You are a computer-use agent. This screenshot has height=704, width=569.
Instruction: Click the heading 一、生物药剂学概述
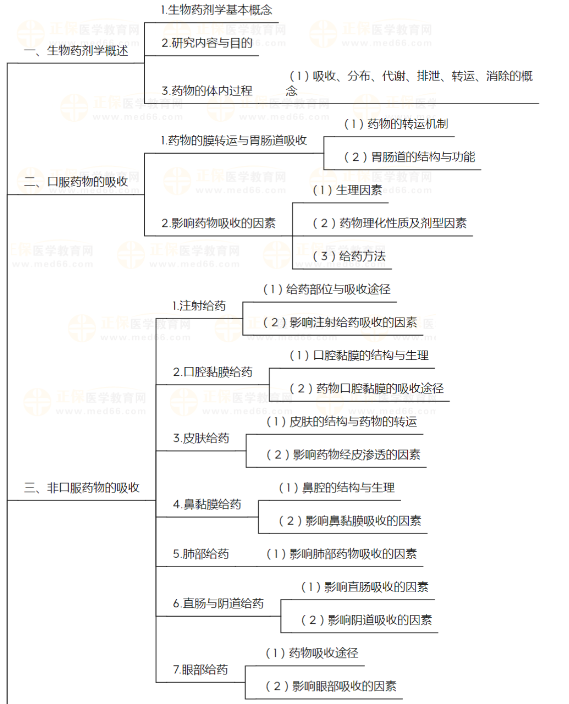click(x=76, y=51)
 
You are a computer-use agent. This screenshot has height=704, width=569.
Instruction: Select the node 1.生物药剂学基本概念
click(x=216, y=10)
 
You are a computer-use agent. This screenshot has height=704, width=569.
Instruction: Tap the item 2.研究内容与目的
click(x=207, y=43)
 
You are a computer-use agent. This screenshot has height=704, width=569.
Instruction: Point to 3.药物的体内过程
click(x=207, y=91)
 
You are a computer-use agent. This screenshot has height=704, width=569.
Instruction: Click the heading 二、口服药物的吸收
click(x=76, y=182)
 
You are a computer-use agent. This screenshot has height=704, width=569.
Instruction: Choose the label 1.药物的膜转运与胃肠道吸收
click(x=233, y=140)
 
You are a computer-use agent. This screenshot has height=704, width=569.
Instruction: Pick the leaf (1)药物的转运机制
click(x=396, y=124)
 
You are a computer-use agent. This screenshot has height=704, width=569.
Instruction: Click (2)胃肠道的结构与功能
click(x=409, y=157)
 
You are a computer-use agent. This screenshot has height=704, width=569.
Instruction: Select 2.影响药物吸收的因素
click(x=218, y=223)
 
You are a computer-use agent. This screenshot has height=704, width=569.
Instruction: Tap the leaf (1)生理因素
click(x=347, y=190)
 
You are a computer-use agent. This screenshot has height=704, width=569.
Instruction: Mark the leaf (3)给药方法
click(x=349, y=256)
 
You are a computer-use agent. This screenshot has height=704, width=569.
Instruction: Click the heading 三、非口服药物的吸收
click(x=82, y=488)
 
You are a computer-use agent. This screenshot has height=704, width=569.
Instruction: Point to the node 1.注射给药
click(x=199, y=306)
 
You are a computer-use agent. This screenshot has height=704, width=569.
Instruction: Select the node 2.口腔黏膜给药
click(x=212, y=372)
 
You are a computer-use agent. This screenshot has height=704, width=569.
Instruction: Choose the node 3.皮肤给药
click(x=201, y=438)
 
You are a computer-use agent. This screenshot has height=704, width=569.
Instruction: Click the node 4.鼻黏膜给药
click(x=207, y=504)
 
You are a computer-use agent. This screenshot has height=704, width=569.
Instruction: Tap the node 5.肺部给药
click(x=201, y=554)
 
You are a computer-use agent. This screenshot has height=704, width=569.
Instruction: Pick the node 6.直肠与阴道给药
click(x=218, y=603)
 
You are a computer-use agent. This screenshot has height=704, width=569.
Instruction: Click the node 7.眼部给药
click(x=200, y=669)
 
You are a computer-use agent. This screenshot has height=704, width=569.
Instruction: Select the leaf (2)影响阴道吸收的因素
click(x=366, y=620)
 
